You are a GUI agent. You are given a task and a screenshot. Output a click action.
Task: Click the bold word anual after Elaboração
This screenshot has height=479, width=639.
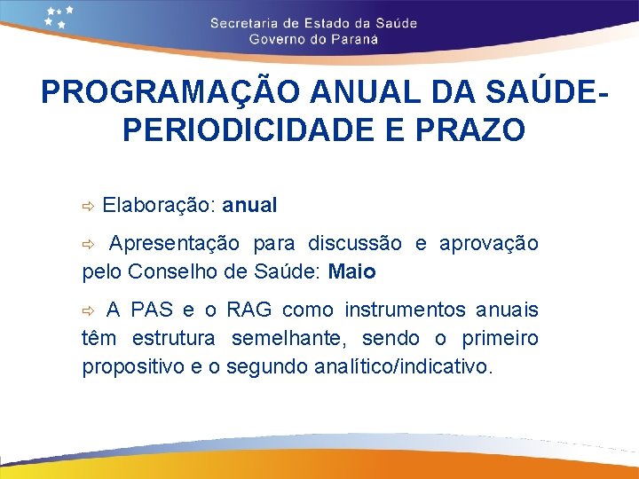pos(249,206)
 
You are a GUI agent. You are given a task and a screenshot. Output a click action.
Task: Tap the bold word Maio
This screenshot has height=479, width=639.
pos(351,271)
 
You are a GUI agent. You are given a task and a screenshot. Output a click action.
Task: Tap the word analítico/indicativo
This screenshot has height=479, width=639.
pos(401,366)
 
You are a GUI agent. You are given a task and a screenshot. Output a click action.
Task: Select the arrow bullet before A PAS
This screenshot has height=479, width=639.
pos(88,310)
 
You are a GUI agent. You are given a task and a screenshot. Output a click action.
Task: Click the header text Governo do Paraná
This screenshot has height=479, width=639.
pos(313,39)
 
